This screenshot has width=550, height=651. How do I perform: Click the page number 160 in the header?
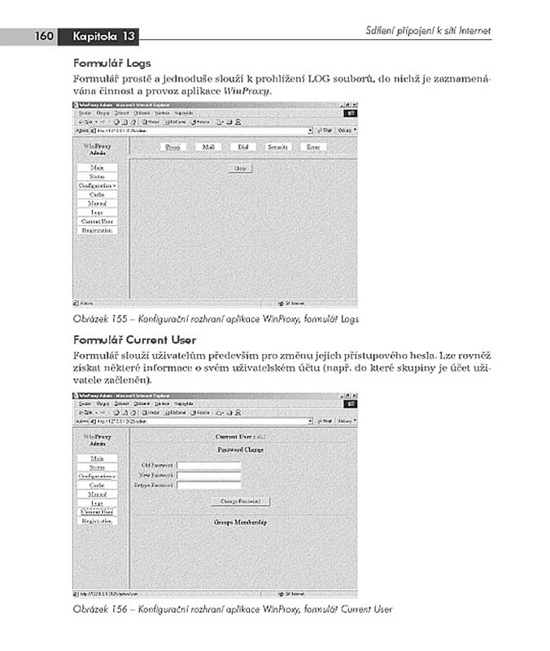coord(43,36)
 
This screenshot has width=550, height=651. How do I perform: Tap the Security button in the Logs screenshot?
coord(278,147)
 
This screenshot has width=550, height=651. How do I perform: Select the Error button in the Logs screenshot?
coord(312,147)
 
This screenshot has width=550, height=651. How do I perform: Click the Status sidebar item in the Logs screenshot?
coord(97,177)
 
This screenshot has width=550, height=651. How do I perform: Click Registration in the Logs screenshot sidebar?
coord(97,230)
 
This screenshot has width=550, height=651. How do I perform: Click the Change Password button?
coord(240,501)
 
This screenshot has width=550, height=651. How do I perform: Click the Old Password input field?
coord(209,465)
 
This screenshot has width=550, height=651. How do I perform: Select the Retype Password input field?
coord(209,485)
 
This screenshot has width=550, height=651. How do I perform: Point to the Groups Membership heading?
coord(240,522)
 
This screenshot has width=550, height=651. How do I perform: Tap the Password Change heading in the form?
coord(240,449)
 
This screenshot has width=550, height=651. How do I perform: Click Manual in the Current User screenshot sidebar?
coord(97,494)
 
